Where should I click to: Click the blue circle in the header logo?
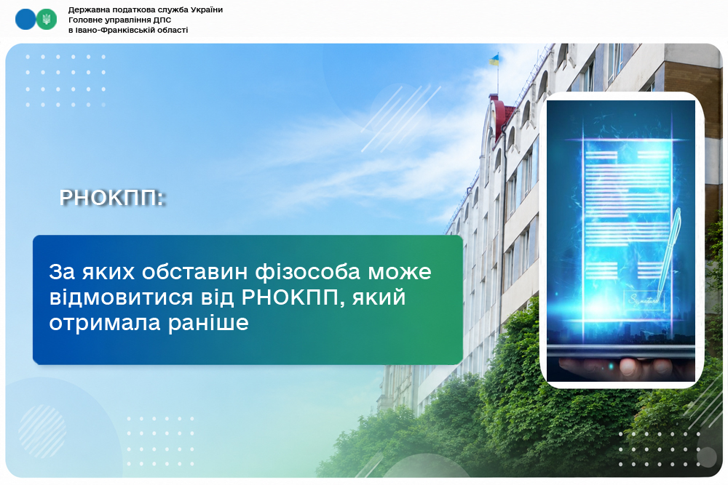click(x=25, y=20)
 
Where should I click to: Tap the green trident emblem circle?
click(x=47, y=20)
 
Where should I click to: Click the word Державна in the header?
click(x=86, y=9)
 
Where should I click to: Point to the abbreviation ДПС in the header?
click(x=162, y=20)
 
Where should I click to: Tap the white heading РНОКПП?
click(x=112, y=198)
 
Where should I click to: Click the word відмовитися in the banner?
click(x=121, y=297)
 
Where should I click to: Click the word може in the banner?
click(x=400, y=273)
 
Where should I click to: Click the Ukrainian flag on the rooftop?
click(x=494, y=60)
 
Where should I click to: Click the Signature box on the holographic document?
click(x=645, y=301)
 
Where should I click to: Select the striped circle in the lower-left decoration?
click(x=42, y=431)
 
